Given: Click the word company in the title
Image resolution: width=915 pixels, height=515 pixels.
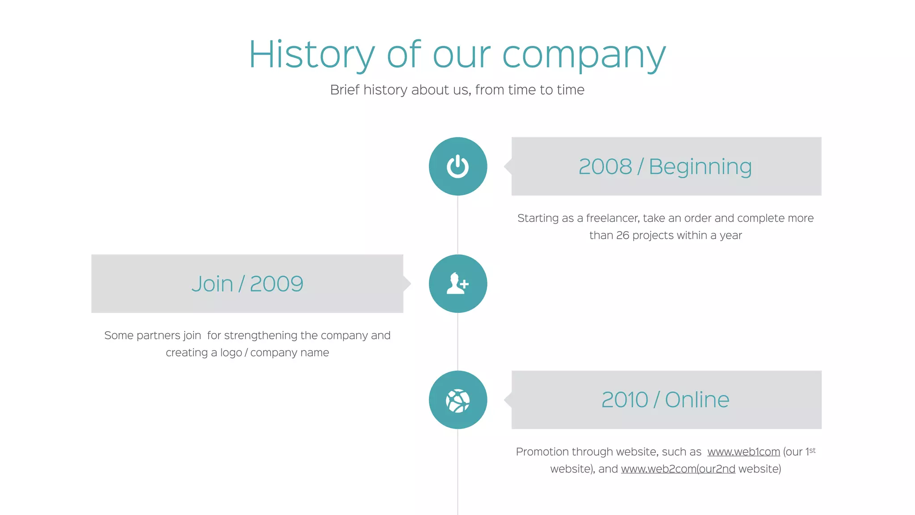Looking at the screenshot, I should point(584,56).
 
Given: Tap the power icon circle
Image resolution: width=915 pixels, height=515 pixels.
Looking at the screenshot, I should point(457,166).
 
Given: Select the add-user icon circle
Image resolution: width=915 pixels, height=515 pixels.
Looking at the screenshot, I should point(457,283).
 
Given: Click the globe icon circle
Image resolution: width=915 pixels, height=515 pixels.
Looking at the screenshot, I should point(457,400).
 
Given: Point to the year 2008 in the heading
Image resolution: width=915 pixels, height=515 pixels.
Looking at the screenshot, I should point(605,167).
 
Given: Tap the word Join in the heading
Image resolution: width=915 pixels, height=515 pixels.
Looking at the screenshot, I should point(212,284).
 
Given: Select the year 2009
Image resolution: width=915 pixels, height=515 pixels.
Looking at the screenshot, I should point(277,284).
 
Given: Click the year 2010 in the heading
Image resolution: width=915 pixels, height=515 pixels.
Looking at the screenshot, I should point(625,400).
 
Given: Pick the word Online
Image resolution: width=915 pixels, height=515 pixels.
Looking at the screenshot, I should point(697,400).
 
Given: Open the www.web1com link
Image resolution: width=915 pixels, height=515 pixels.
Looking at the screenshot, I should point(743,452).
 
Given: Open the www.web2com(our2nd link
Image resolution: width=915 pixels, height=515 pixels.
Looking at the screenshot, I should point(678,469).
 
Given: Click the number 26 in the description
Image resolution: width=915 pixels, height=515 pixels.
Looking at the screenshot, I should point(622,235).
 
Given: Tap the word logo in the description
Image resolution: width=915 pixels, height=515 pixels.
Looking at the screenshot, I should point(231,353).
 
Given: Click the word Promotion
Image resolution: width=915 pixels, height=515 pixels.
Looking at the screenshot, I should point(542,452).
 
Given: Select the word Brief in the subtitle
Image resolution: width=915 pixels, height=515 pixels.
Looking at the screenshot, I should point(345,90).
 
